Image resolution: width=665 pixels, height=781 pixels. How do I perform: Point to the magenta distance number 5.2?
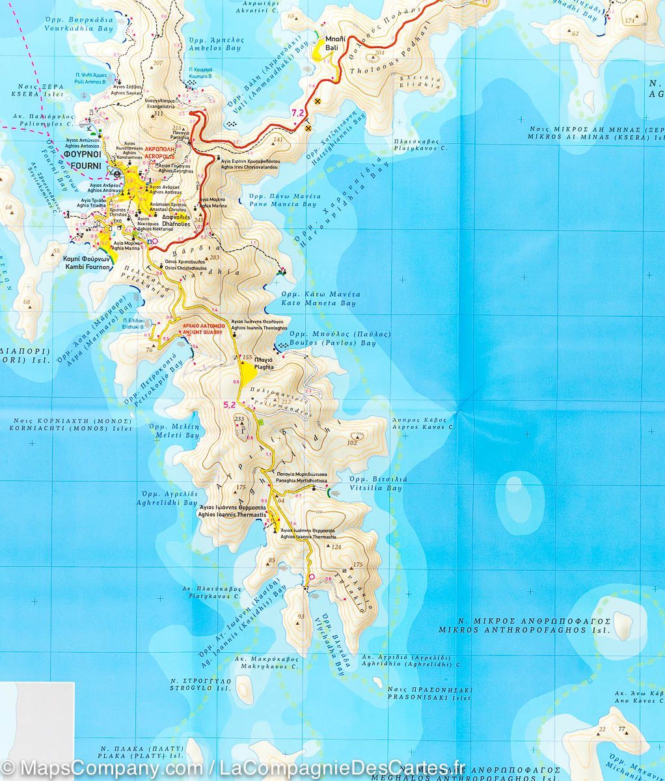click(229, 404)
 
